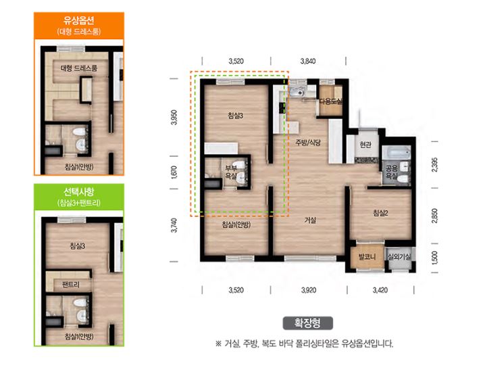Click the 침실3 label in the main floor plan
235,116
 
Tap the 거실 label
310,220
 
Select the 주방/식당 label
308,143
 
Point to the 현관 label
365,144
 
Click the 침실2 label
381,213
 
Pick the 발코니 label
367,256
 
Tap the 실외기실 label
399,256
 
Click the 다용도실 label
331,101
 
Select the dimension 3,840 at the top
308,61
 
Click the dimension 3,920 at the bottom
309,290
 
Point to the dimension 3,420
380,290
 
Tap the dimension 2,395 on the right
434,164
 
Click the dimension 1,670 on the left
174,172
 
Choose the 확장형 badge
308,323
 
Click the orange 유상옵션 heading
79,20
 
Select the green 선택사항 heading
79,192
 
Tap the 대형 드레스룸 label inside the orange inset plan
79,68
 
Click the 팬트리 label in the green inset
71,284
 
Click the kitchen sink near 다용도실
297,92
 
